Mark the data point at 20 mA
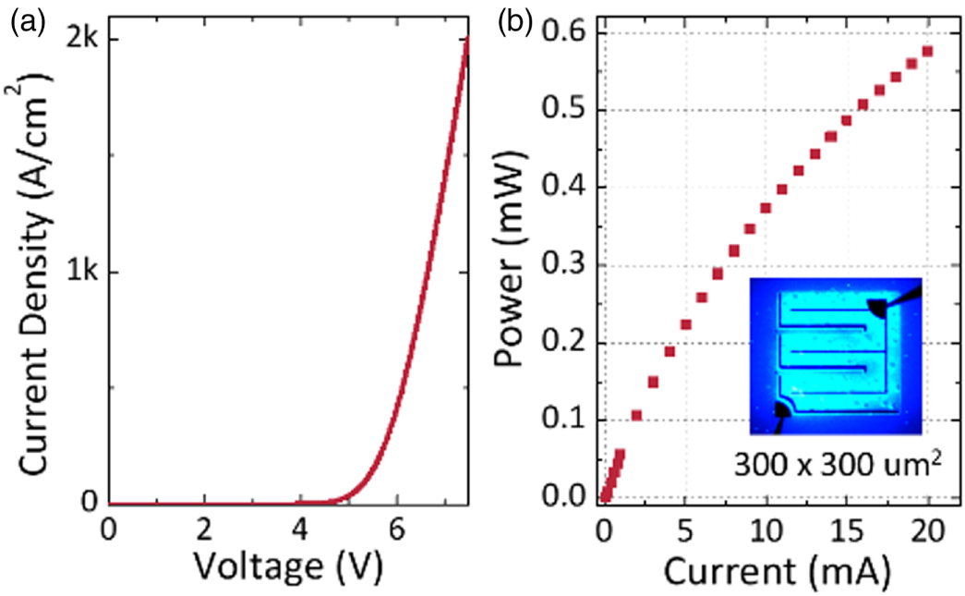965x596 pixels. tap(927, 51)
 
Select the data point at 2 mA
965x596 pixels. tap(636, 416)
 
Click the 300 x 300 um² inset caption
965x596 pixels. tap(838, 468)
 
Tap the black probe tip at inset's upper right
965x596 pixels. tap(880, 306)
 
